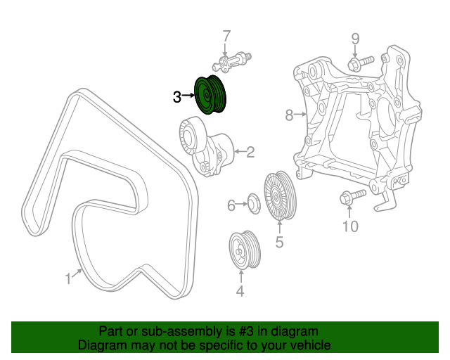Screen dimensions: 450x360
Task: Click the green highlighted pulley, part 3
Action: pos(210,95)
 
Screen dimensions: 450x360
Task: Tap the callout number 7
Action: pos(226,37)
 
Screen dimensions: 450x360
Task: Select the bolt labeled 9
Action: pos(361,63)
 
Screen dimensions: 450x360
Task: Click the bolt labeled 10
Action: pos(352,197)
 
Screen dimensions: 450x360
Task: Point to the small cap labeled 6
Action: pos(254,203)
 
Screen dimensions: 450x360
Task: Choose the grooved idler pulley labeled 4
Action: pos(245,249)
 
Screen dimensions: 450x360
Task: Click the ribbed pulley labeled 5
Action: pos(280,195)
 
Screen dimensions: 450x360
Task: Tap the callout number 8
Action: pos(289,115)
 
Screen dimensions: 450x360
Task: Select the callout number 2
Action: pos(250,152)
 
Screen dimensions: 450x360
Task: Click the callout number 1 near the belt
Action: pos(68,278)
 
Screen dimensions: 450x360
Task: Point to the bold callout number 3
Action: pos(177,97)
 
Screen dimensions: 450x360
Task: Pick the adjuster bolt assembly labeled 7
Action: pos(232,62)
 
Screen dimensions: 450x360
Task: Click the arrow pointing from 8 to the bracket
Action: pos(300,115)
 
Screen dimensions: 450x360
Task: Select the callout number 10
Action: pos(351,226)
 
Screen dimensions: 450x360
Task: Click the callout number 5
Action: pos(279,242)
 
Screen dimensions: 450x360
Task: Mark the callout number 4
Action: pos(240,291)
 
